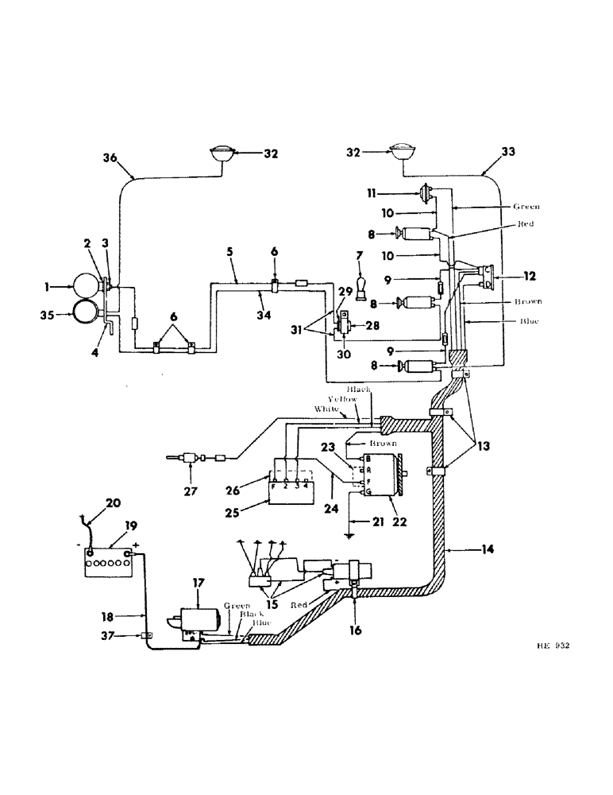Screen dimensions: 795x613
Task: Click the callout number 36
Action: pos(110,159)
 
